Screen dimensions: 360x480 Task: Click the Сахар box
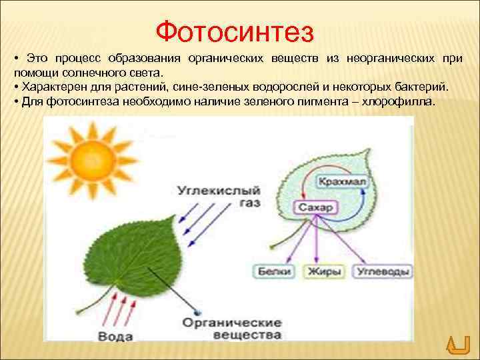[x=315, y=208]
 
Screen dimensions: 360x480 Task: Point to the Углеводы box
[x=383, y=271]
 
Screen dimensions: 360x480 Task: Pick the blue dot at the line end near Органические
[x=196, y=311]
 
